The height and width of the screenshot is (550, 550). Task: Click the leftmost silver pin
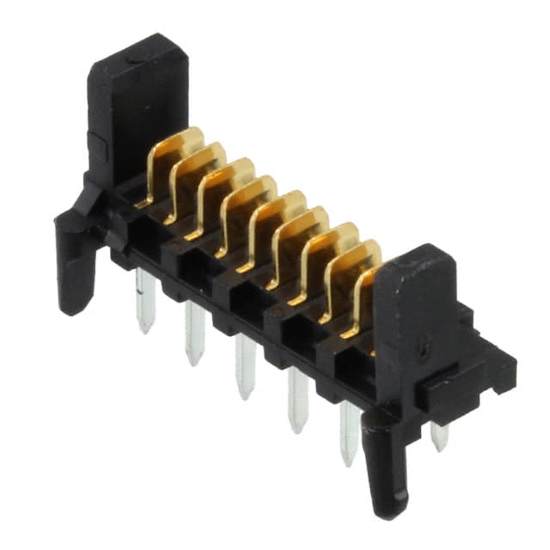pyautogui.click(x=144, y=301)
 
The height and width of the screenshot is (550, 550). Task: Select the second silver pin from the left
pyautogui.click(x=194, y=332)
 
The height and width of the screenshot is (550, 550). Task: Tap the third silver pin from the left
pyautogui.click(x=246, y=365)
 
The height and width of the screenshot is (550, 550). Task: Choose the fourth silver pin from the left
pyautogui.click(x=297, y=399)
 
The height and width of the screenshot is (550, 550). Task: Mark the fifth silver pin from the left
pyautogui.click(x=349, y=433)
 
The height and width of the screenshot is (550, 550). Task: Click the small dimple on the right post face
pyautogui.click(x=421, y=350)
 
